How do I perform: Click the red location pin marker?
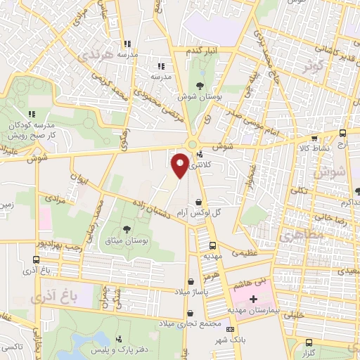[180, 165]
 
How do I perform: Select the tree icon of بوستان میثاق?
[127, 229]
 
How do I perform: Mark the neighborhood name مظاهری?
[298, 238]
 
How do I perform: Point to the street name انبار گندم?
[202, 53]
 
